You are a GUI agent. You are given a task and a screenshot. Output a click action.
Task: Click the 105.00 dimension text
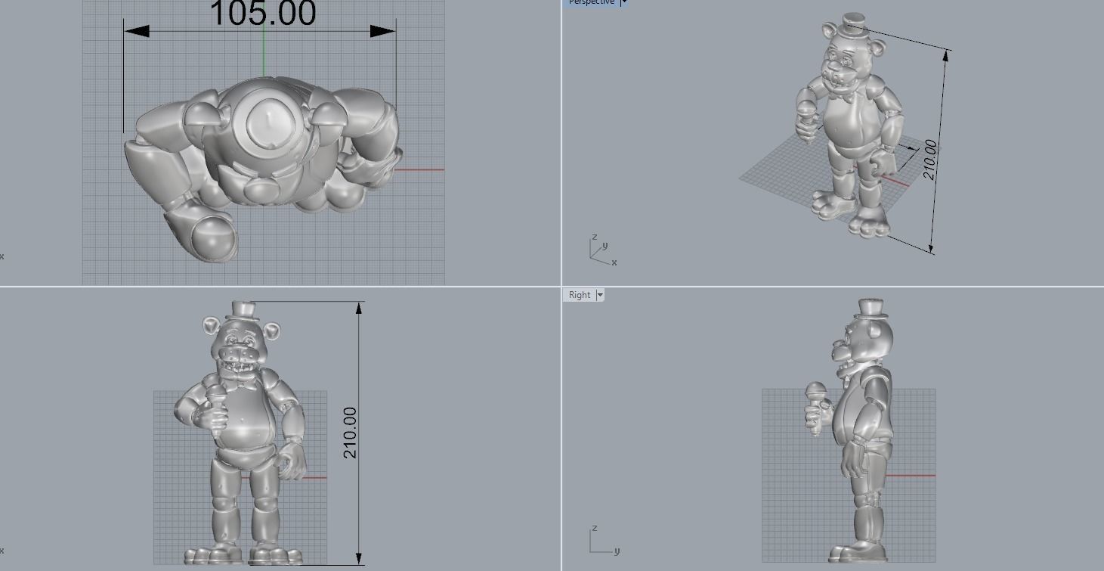coord(262,14)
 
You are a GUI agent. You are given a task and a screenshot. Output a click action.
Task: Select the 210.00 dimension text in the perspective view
coord(929,159)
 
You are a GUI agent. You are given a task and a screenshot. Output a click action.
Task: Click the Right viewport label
coord(579,295)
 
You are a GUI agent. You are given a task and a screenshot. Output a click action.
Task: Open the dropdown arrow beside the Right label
coord(600,295)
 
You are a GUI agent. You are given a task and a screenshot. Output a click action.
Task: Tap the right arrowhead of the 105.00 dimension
coord(383,31)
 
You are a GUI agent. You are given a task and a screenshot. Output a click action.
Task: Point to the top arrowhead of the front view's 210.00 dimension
coord(358,309)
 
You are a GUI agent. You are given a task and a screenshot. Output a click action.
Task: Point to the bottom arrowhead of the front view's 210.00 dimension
coord(358,557)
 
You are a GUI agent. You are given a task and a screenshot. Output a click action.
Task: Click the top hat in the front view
coord(241,310)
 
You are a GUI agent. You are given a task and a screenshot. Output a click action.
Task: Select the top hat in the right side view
coord(871,308)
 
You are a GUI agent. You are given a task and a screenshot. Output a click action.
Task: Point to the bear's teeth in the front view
coord(241,368)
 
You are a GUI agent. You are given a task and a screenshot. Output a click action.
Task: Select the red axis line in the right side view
coord(910,476)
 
